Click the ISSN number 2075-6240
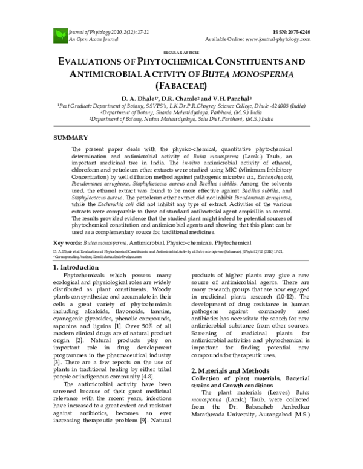(x=295, y=30)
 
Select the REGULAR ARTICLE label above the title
(x=181, y=53)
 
